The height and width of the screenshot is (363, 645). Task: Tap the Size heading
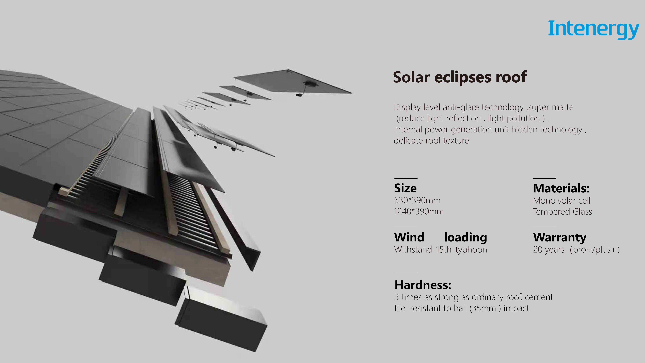tap(405, 188)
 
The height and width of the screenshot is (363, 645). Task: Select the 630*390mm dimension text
tap(417, 200)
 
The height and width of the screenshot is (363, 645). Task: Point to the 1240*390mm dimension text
tap(419, 211)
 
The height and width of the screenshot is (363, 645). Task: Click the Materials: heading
tap(561, 188)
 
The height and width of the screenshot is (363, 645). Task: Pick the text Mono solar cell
tap(562, 200)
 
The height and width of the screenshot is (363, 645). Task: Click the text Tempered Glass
tap(562, 212)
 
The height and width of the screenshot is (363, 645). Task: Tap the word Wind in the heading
tap(409, 237)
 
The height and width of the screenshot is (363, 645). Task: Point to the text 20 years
tap(549, 250)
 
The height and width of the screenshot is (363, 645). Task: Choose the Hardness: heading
tap(423, 285)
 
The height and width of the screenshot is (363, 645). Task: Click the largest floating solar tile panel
tap(293, 81)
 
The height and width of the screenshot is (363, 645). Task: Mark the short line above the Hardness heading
tap(406, 273)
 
